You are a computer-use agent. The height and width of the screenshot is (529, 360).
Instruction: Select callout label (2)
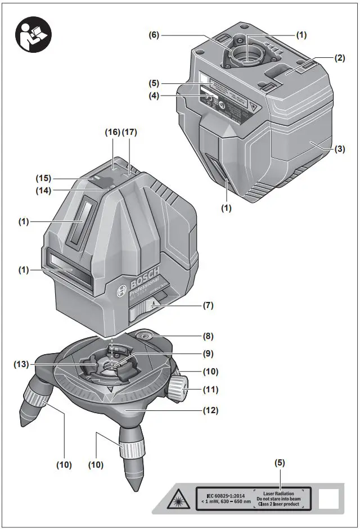click(339, 58)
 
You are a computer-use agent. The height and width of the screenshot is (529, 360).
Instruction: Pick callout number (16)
click(112, 132)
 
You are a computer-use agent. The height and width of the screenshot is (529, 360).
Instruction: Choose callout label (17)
click(130, 132)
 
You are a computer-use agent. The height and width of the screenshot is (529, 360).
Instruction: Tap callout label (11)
click(210, 389)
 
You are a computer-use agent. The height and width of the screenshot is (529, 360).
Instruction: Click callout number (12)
click(210, 410)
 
